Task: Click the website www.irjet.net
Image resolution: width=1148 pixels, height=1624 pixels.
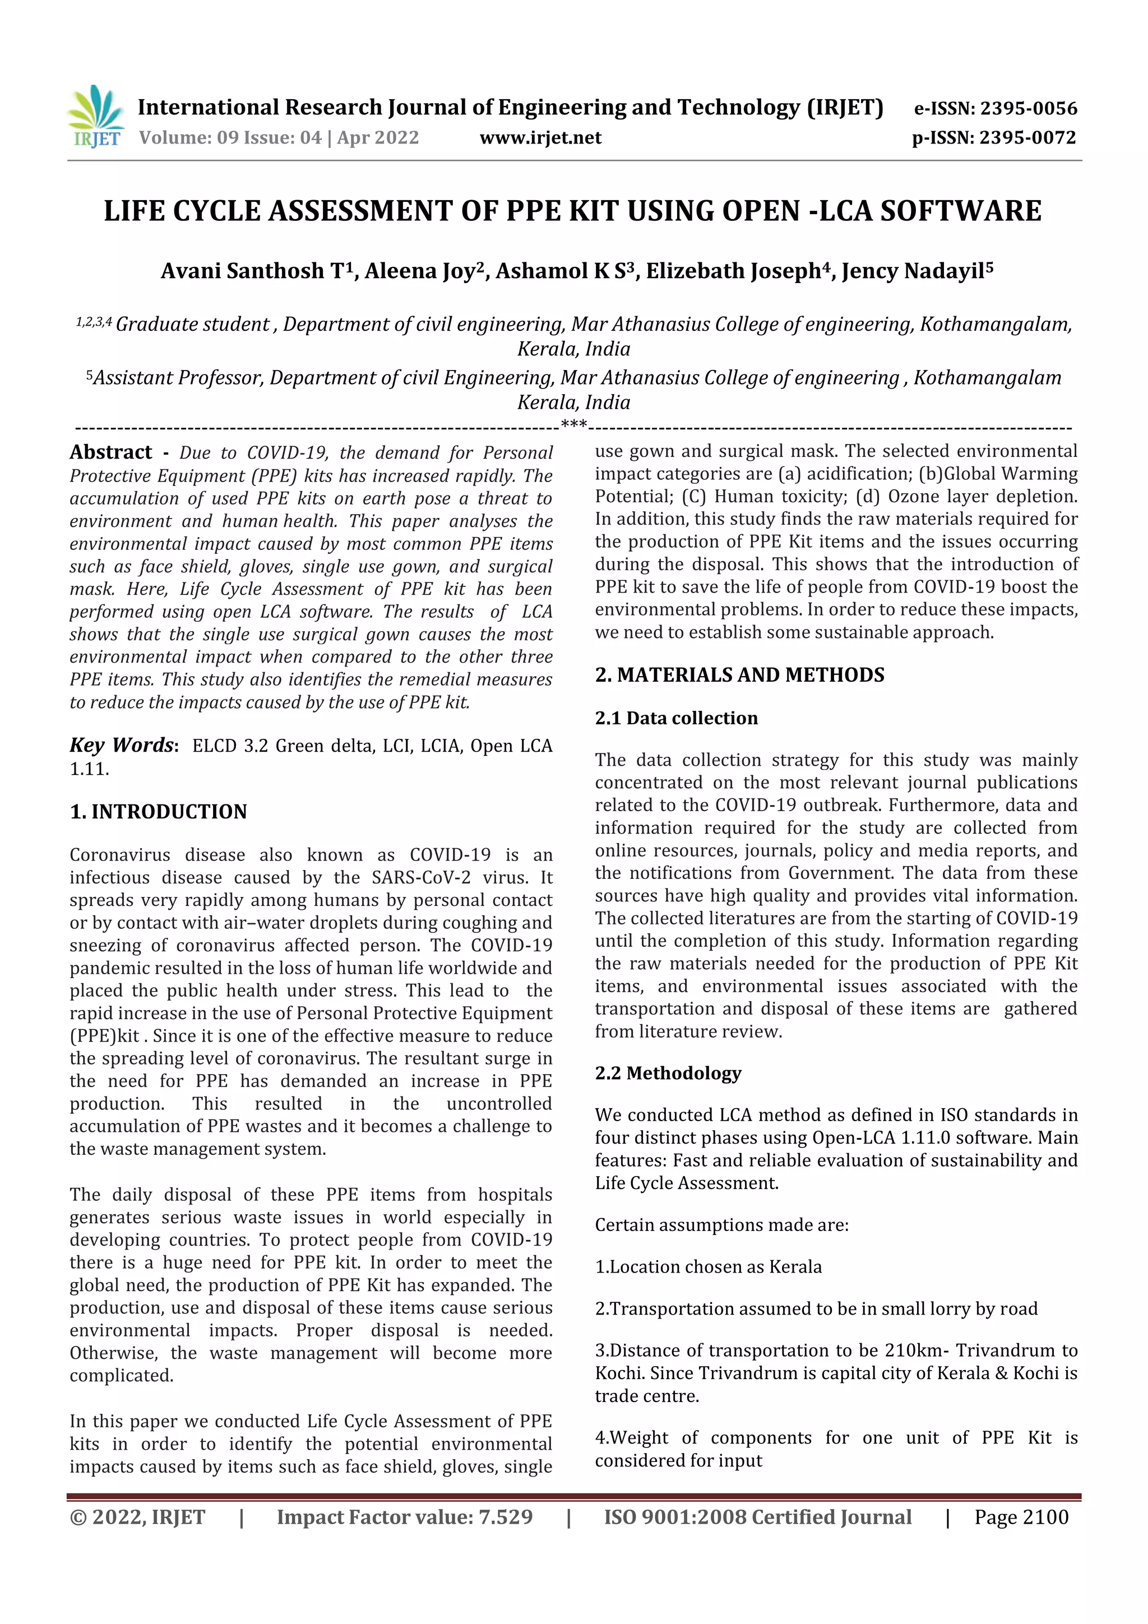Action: pos(540,138)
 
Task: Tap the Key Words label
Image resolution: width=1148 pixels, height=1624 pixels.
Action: pos(122,745)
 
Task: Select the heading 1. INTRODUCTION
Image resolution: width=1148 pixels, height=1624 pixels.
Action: pos(159,812)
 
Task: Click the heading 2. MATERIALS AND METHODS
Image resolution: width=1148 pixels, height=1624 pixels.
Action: pos(739,675)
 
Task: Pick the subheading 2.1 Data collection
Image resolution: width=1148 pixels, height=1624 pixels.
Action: pos(675,718)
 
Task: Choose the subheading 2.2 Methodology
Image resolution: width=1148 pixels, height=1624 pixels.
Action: pos(668,1073)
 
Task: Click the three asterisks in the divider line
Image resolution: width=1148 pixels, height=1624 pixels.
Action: pos(573,424)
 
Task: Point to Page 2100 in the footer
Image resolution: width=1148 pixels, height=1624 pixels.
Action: pos(1021,1517)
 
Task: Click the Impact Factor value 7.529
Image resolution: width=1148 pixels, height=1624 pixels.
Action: pos(505,1517)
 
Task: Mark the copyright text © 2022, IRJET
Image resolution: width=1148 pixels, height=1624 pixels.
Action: pos(137,1517)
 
